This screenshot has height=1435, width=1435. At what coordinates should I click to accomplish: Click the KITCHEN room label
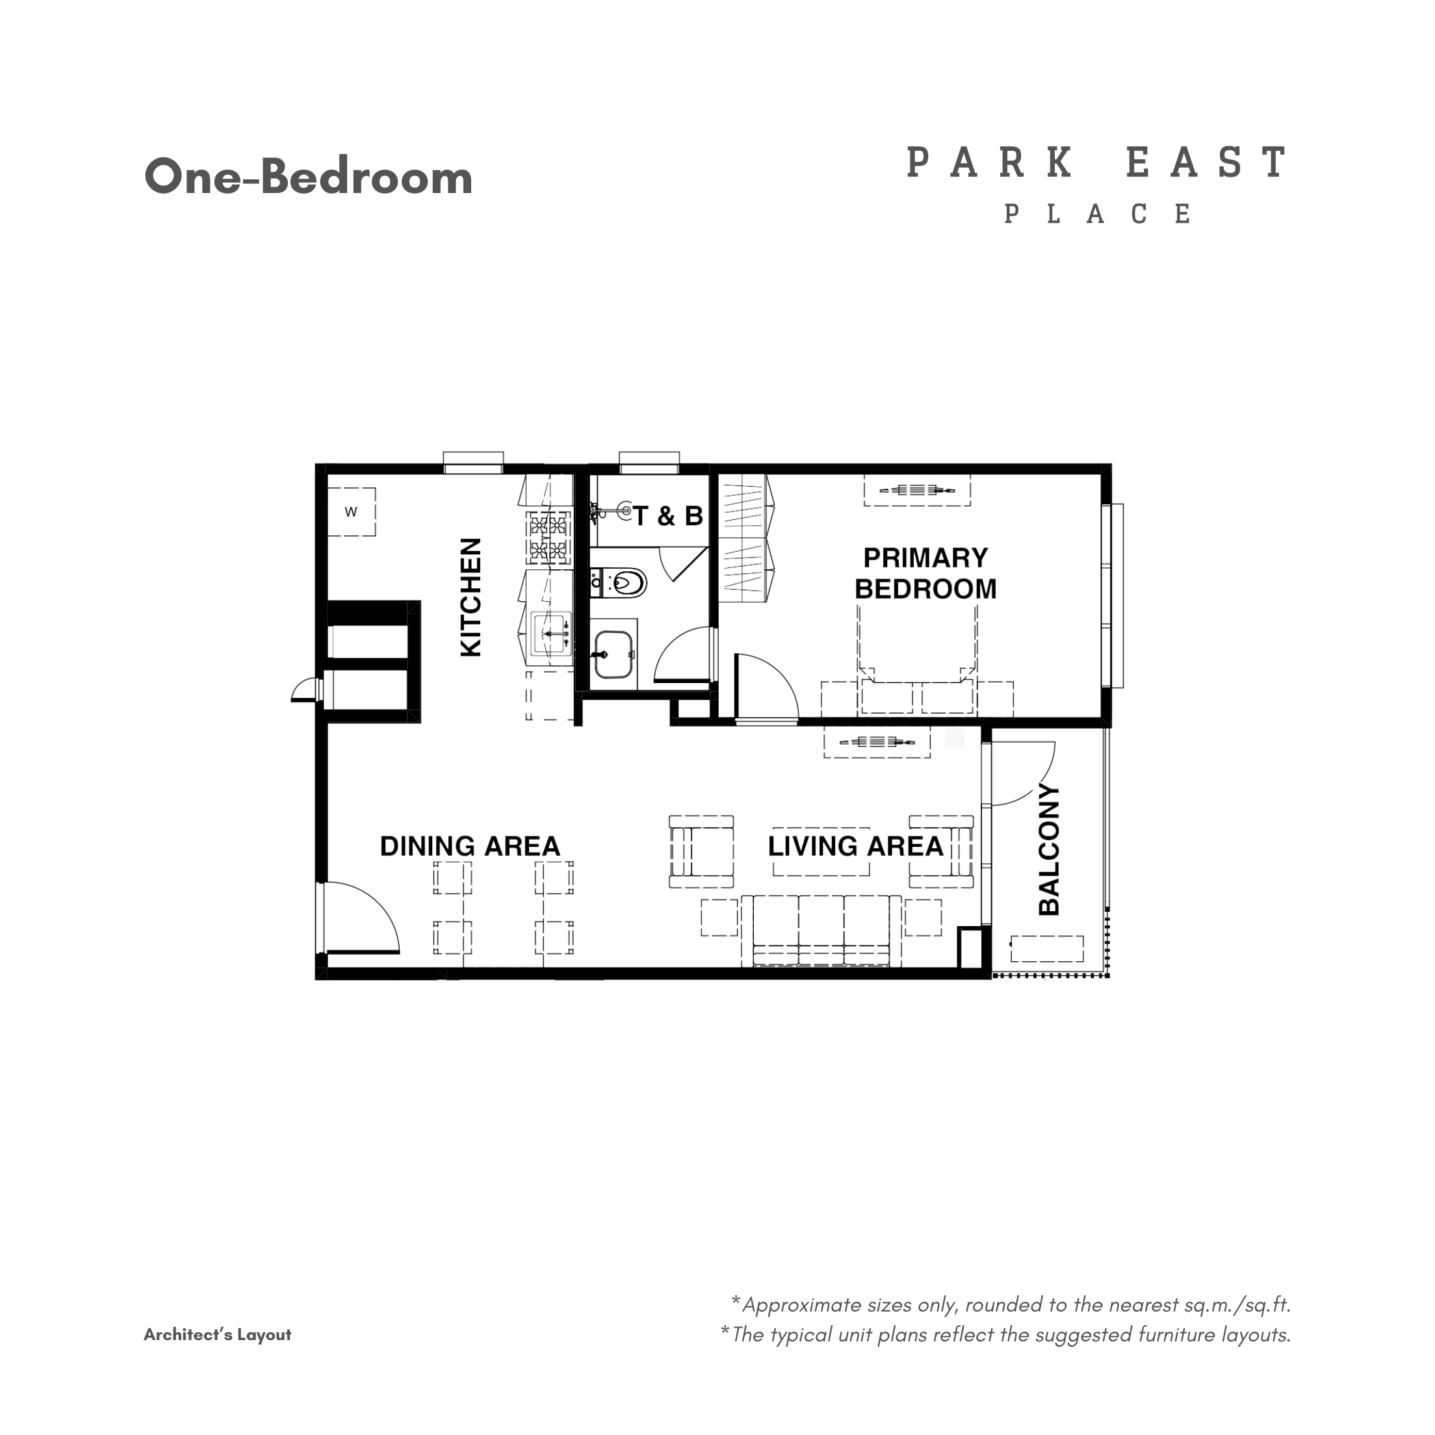coord(471,597)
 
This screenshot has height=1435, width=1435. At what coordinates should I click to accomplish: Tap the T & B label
coord(667,515)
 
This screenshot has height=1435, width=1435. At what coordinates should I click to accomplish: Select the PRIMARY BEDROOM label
coord(925,573)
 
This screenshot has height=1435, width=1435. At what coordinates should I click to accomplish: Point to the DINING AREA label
coord(469,846)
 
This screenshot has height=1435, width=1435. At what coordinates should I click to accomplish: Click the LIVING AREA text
coord(855,846)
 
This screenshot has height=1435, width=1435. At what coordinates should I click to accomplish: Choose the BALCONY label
coord(1049,849)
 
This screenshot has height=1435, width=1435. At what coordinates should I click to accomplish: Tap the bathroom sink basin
coord(614,654)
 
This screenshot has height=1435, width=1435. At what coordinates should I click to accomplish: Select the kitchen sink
coord(550,633)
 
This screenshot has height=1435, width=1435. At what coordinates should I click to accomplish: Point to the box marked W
coord(352,511)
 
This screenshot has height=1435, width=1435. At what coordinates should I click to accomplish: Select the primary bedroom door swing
coord(765,687)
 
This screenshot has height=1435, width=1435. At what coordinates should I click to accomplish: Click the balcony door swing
coord(1021,774)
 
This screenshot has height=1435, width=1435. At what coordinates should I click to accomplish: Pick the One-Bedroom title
coord(308,177)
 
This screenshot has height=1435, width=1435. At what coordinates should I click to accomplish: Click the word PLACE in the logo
coord(1098,214)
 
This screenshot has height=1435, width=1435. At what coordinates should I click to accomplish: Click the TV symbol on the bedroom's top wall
coord(916,490)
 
